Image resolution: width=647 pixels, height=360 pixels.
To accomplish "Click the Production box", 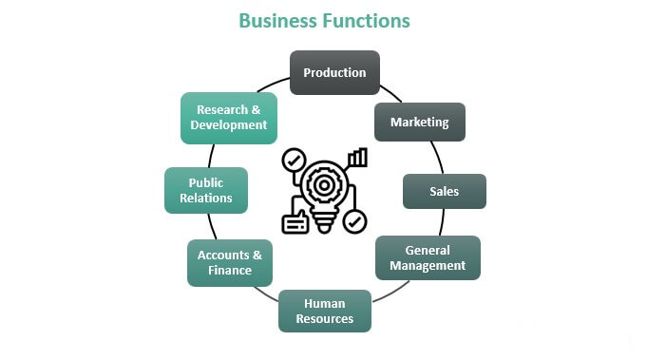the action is (334, 72).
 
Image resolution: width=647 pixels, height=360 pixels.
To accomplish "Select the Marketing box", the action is (420, 123).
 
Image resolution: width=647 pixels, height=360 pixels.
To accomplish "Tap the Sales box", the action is (445, 191).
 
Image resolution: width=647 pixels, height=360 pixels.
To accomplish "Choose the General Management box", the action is (428, 257).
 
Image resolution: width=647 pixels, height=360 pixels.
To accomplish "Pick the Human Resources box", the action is (325, 311).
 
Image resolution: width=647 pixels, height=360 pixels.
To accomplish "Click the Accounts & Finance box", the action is (230, 263).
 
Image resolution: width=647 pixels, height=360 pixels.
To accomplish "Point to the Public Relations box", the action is (206, 190).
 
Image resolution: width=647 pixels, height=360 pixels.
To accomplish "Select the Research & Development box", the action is (229, 118).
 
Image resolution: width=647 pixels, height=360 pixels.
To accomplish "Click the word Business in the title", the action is (278, 21).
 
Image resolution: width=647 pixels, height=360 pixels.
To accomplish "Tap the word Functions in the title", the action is (367, 21).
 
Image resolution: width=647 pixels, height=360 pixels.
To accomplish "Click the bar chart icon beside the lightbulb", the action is (358, 158).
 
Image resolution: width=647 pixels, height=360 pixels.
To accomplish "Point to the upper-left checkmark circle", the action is (294, 160).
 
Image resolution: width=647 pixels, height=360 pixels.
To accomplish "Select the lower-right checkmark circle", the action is (354, 222).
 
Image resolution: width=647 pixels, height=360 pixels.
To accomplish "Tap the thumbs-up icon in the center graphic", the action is (295, 222).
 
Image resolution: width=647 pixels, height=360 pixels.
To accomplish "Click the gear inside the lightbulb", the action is (324, 185).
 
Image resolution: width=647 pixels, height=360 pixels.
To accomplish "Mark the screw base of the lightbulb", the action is (324, 222).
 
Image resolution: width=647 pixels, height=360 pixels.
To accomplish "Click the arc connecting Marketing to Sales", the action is (438, 157).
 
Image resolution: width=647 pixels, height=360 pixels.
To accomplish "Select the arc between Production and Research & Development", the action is (273, 84).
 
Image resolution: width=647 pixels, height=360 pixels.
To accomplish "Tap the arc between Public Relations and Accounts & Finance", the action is (212, 227).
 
